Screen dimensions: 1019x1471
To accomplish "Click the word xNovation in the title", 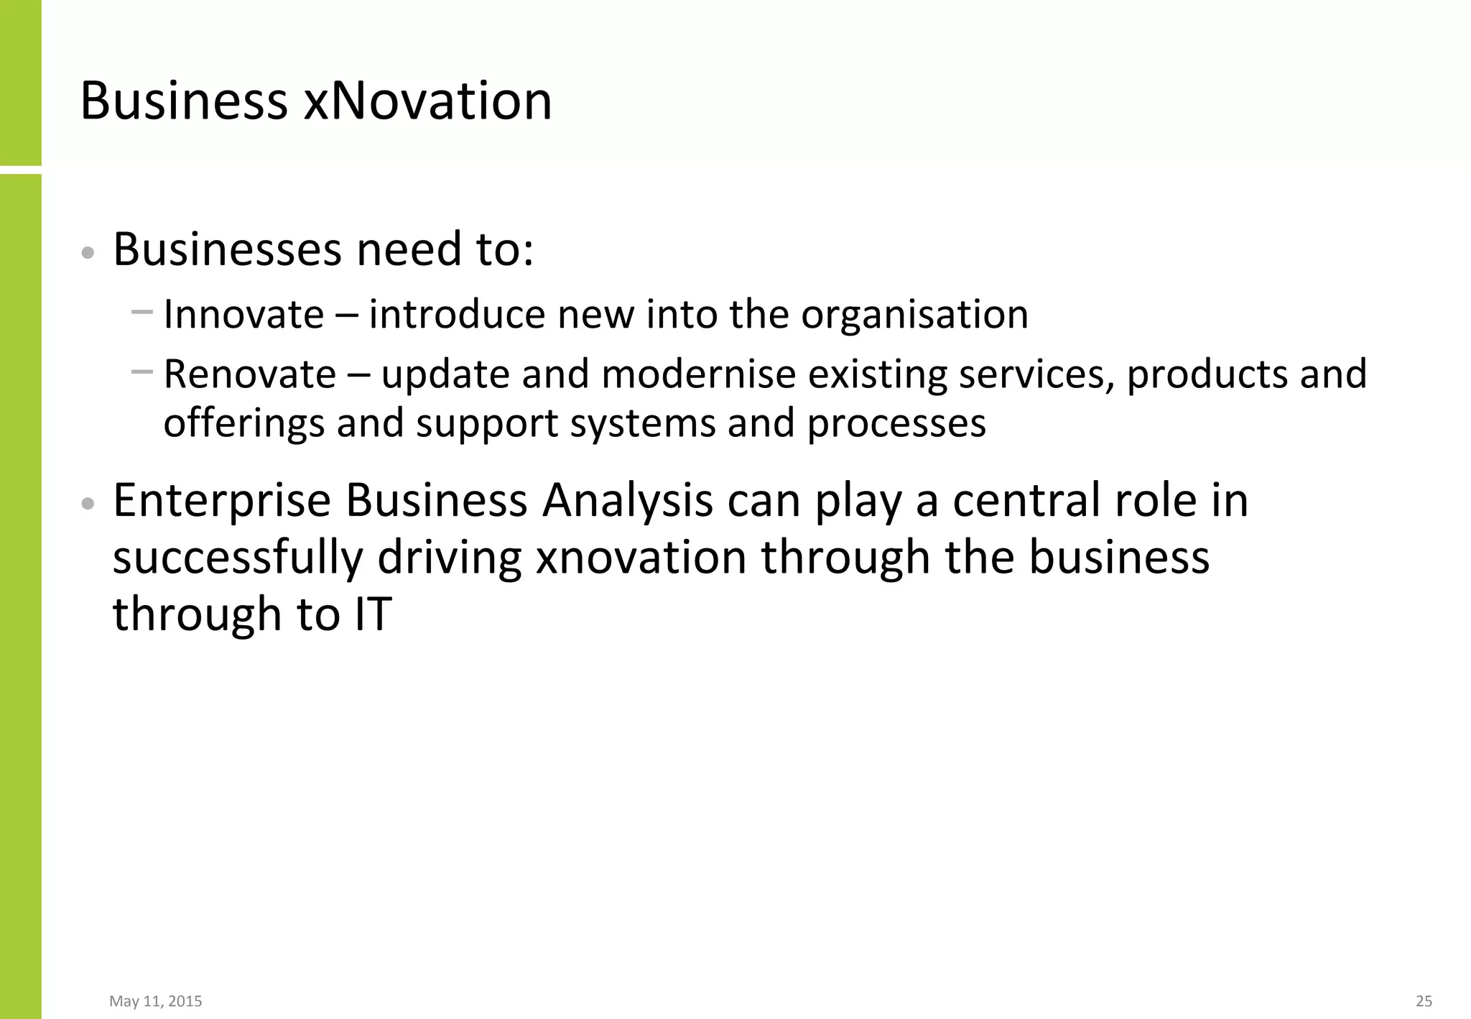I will pyautogui.click(x=427, y=101).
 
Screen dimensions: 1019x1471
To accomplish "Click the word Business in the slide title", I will pyautogui.click(x=184, y=101).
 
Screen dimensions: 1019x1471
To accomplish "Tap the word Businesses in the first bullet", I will pyautogui.click(x=227, y=249).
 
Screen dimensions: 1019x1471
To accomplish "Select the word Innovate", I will pyautogui.click(x=243, y=315).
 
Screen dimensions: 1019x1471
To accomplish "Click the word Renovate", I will pyautogui.click(x=249, y=374).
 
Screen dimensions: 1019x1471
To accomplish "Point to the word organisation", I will pyautogui.click(x=914, y=315).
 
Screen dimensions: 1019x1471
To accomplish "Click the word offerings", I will pyautogui.click(x=243, y=423).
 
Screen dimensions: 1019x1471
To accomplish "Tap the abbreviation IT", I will pyautogui.click(x=373, y=614).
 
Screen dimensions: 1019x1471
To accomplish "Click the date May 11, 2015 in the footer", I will pyautogui.click(x=156, y=1001).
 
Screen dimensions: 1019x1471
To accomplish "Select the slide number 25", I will pyautogui.click(x=1424, y=1001).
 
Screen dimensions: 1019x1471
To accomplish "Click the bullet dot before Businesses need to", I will pyautogui.click(x=88, y=253).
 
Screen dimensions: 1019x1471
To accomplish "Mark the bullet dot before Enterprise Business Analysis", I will pyautogui.click(x=88, y=504).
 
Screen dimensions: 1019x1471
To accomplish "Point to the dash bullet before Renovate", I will pyautogui.click(x=142, y=372).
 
